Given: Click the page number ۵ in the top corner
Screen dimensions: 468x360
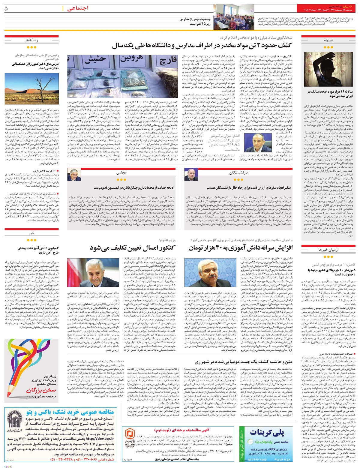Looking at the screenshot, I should click(x=7, y=9).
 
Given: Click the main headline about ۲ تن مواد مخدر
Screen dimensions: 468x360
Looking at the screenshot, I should click(x=207, y=46).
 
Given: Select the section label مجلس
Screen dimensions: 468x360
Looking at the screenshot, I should click(x=121, y=173).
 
